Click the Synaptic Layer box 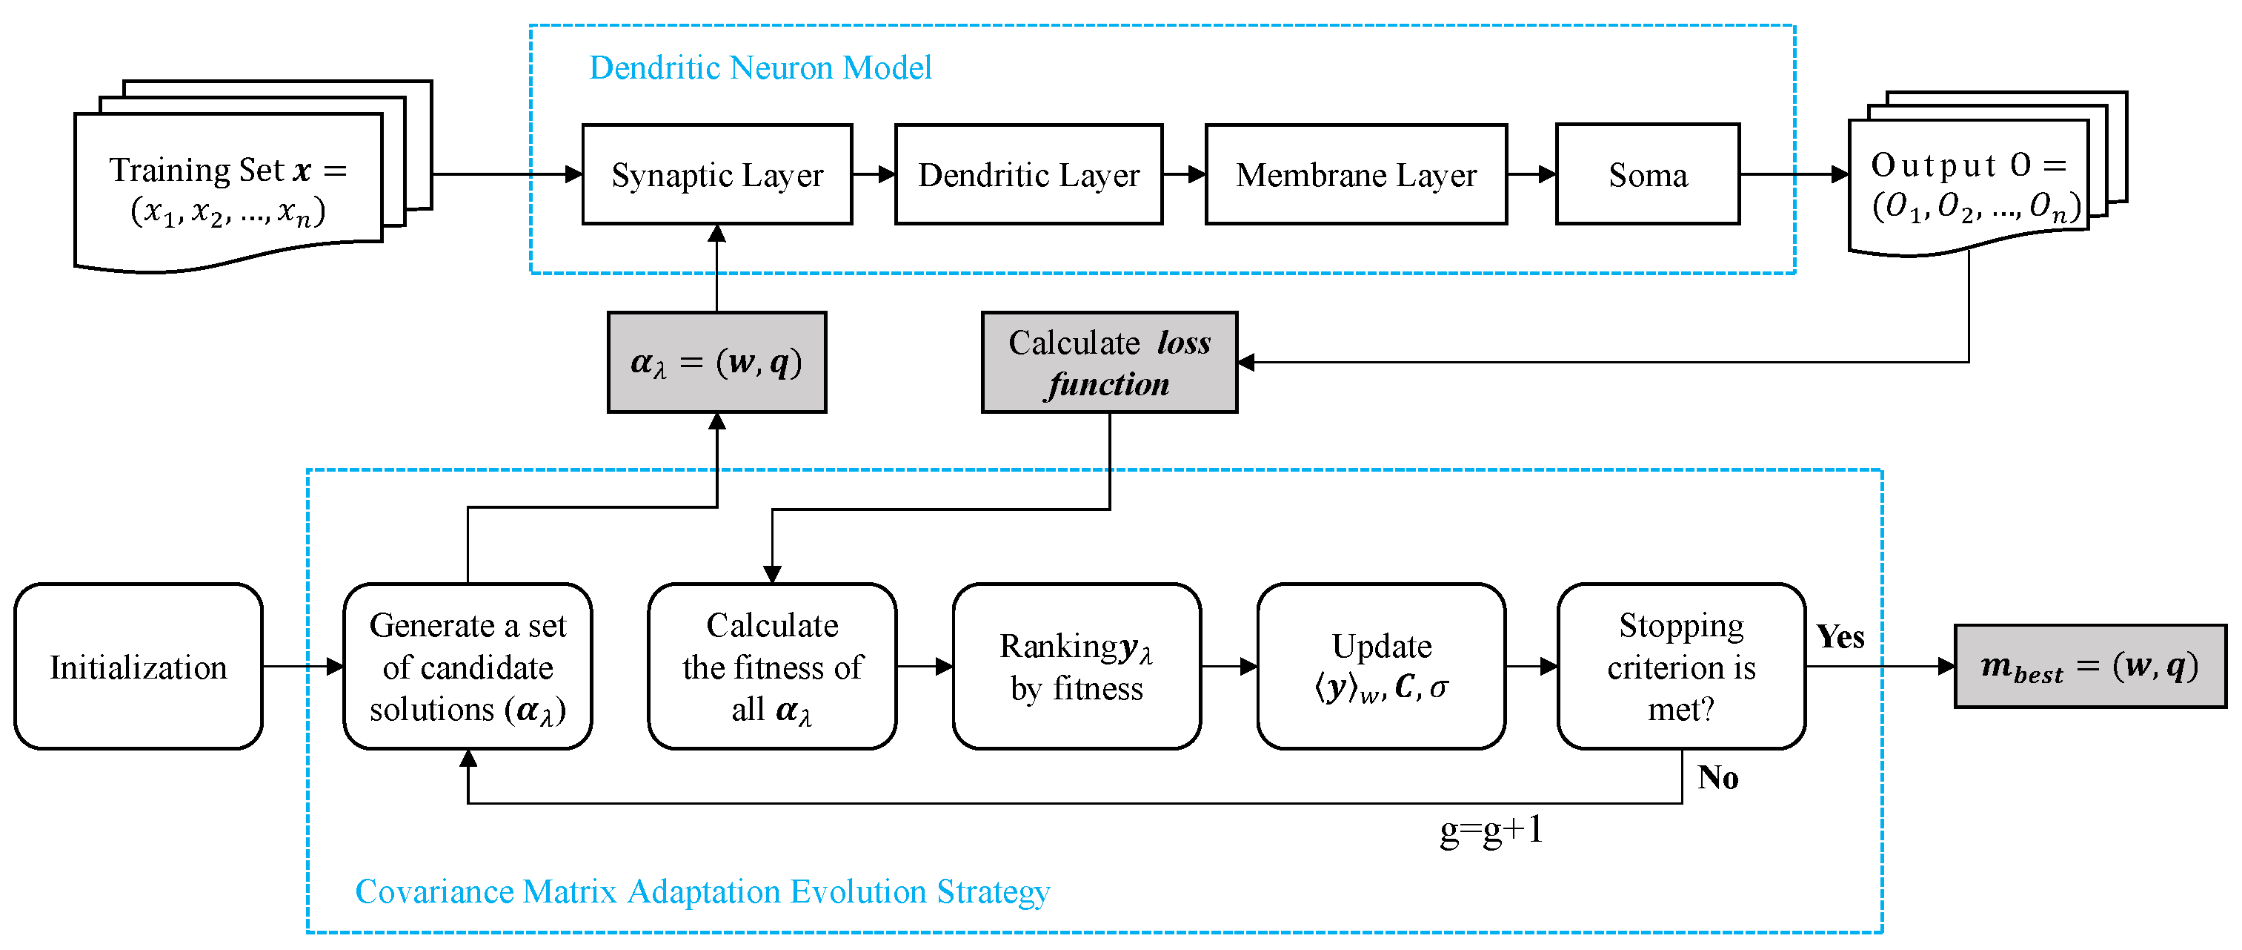[x=716, y=175]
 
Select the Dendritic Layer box [x=1028, y=175]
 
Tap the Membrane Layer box [x=1355, y=175]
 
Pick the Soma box [x=1647, y=175]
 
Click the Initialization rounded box [x=139, y=666]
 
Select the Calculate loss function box [x=1109, y=362]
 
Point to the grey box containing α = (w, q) [x=716, y=362]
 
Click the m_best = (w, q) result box [x=2089, y=666]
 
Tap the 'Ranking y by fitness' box [x=1077, y=666]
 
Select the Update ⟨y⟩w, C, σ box [x=1381, y=666]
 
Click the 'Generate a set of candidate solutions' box [x=468, y=666]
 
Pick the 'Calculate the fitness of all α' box [x=772, y=666]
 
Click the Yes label [x=1840, y=636]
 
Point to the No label [x=1717, y=778]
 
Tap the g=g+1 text [x=1491, y=830]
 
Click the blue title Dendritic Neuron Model [x=760, y=68]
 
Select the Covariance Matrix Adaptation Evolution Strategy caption [x=702, y=891]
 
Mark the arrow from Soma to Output [x=1793, y=174]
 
